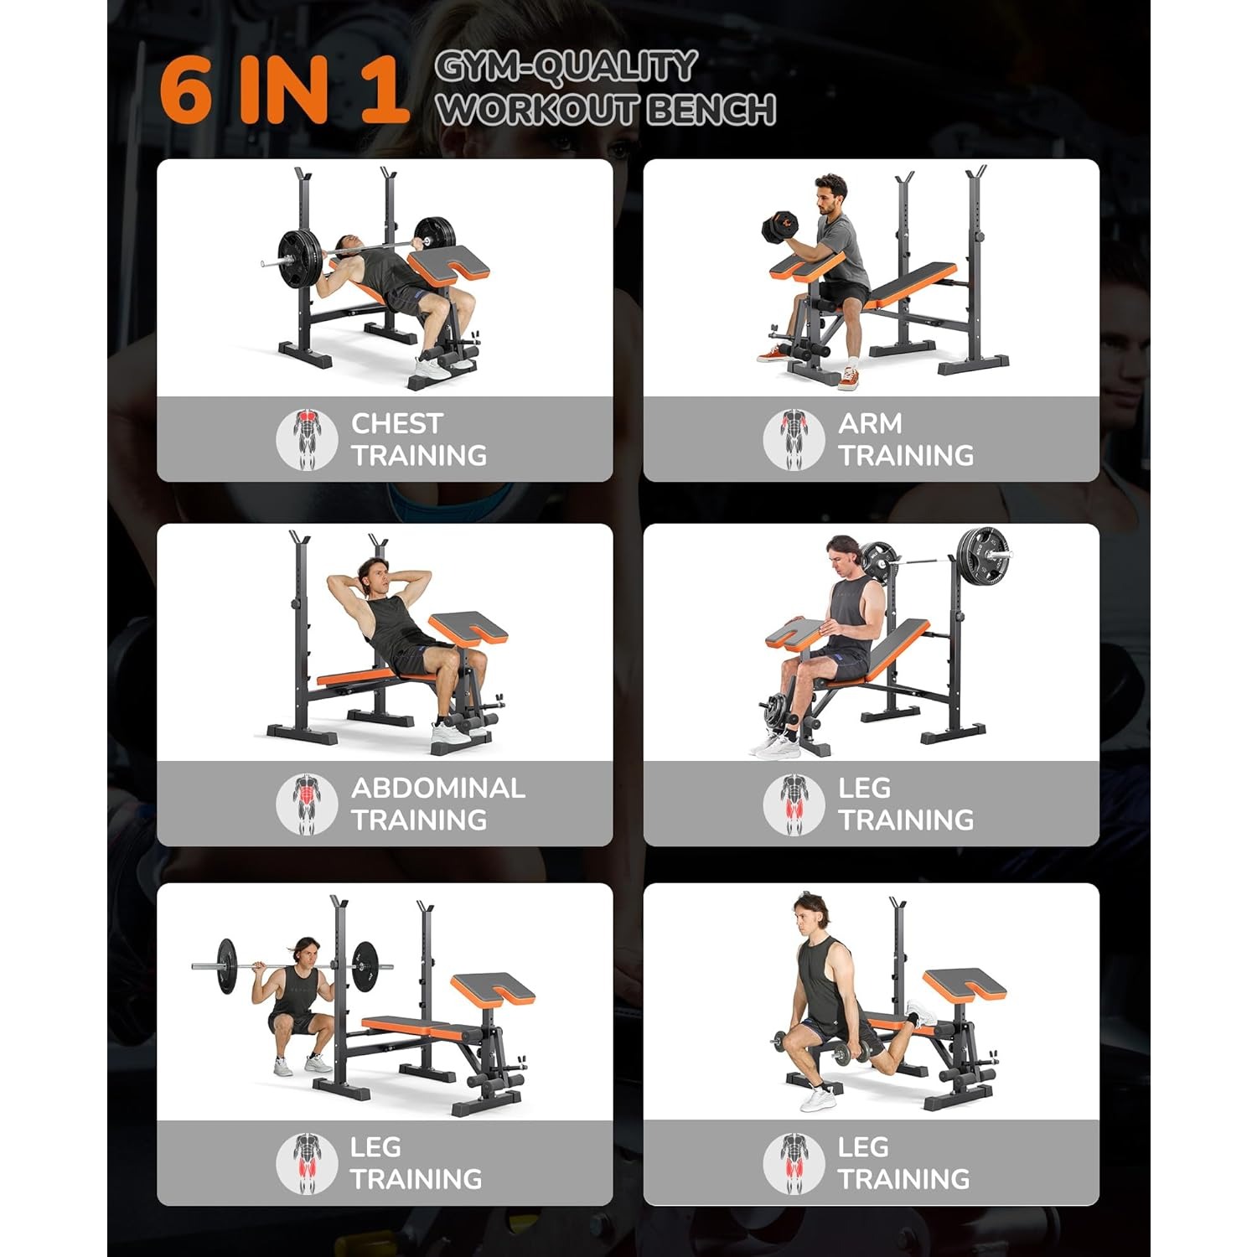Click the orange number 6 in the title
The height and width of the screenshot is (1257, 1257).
pyautogui.click(x=185, y=91)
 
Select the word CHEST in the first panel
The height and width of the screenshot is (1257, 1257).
pyautogui.click(x=396, y=423)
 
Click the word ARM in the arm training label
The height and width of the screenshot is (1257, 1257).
pyautogui.click(x=870, y=423)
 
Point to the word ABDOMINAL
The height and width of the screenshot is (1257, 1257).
pyautogui.click(x=438, y=788)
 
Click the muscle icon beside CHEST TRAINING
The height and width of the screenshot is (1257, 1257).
pyautogui.click(x=308, y=438)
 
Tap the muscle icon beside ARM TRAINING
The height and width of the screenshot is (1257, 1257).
pyautogui.click(x=794, y=438)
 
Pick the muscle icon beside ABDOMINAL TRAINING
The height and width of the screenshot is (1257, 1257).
pyautogui.click(x=308, y=804)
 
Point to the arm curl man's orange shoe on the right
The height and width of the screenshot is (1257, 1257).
pyautogui.click(x=849, y=379)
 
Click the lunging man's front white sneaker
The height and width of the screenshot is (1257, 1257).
pyautogui.click(x=819, y=1098)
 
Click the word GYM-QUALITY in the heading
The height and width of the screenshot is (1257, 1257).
pyautogui.click(x=566, y=67)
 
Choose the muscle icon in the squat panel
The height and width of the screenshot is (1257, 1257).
pyautogui.click(x=308, y=1162)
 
